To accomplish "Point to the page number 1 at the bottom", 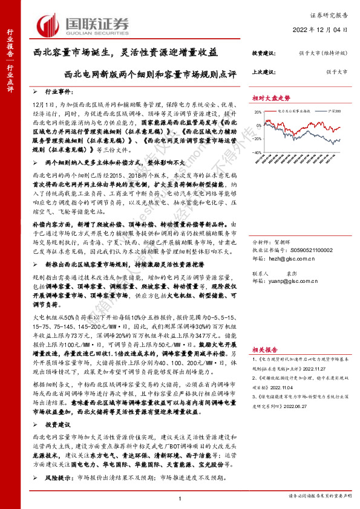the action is (180, 499).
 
